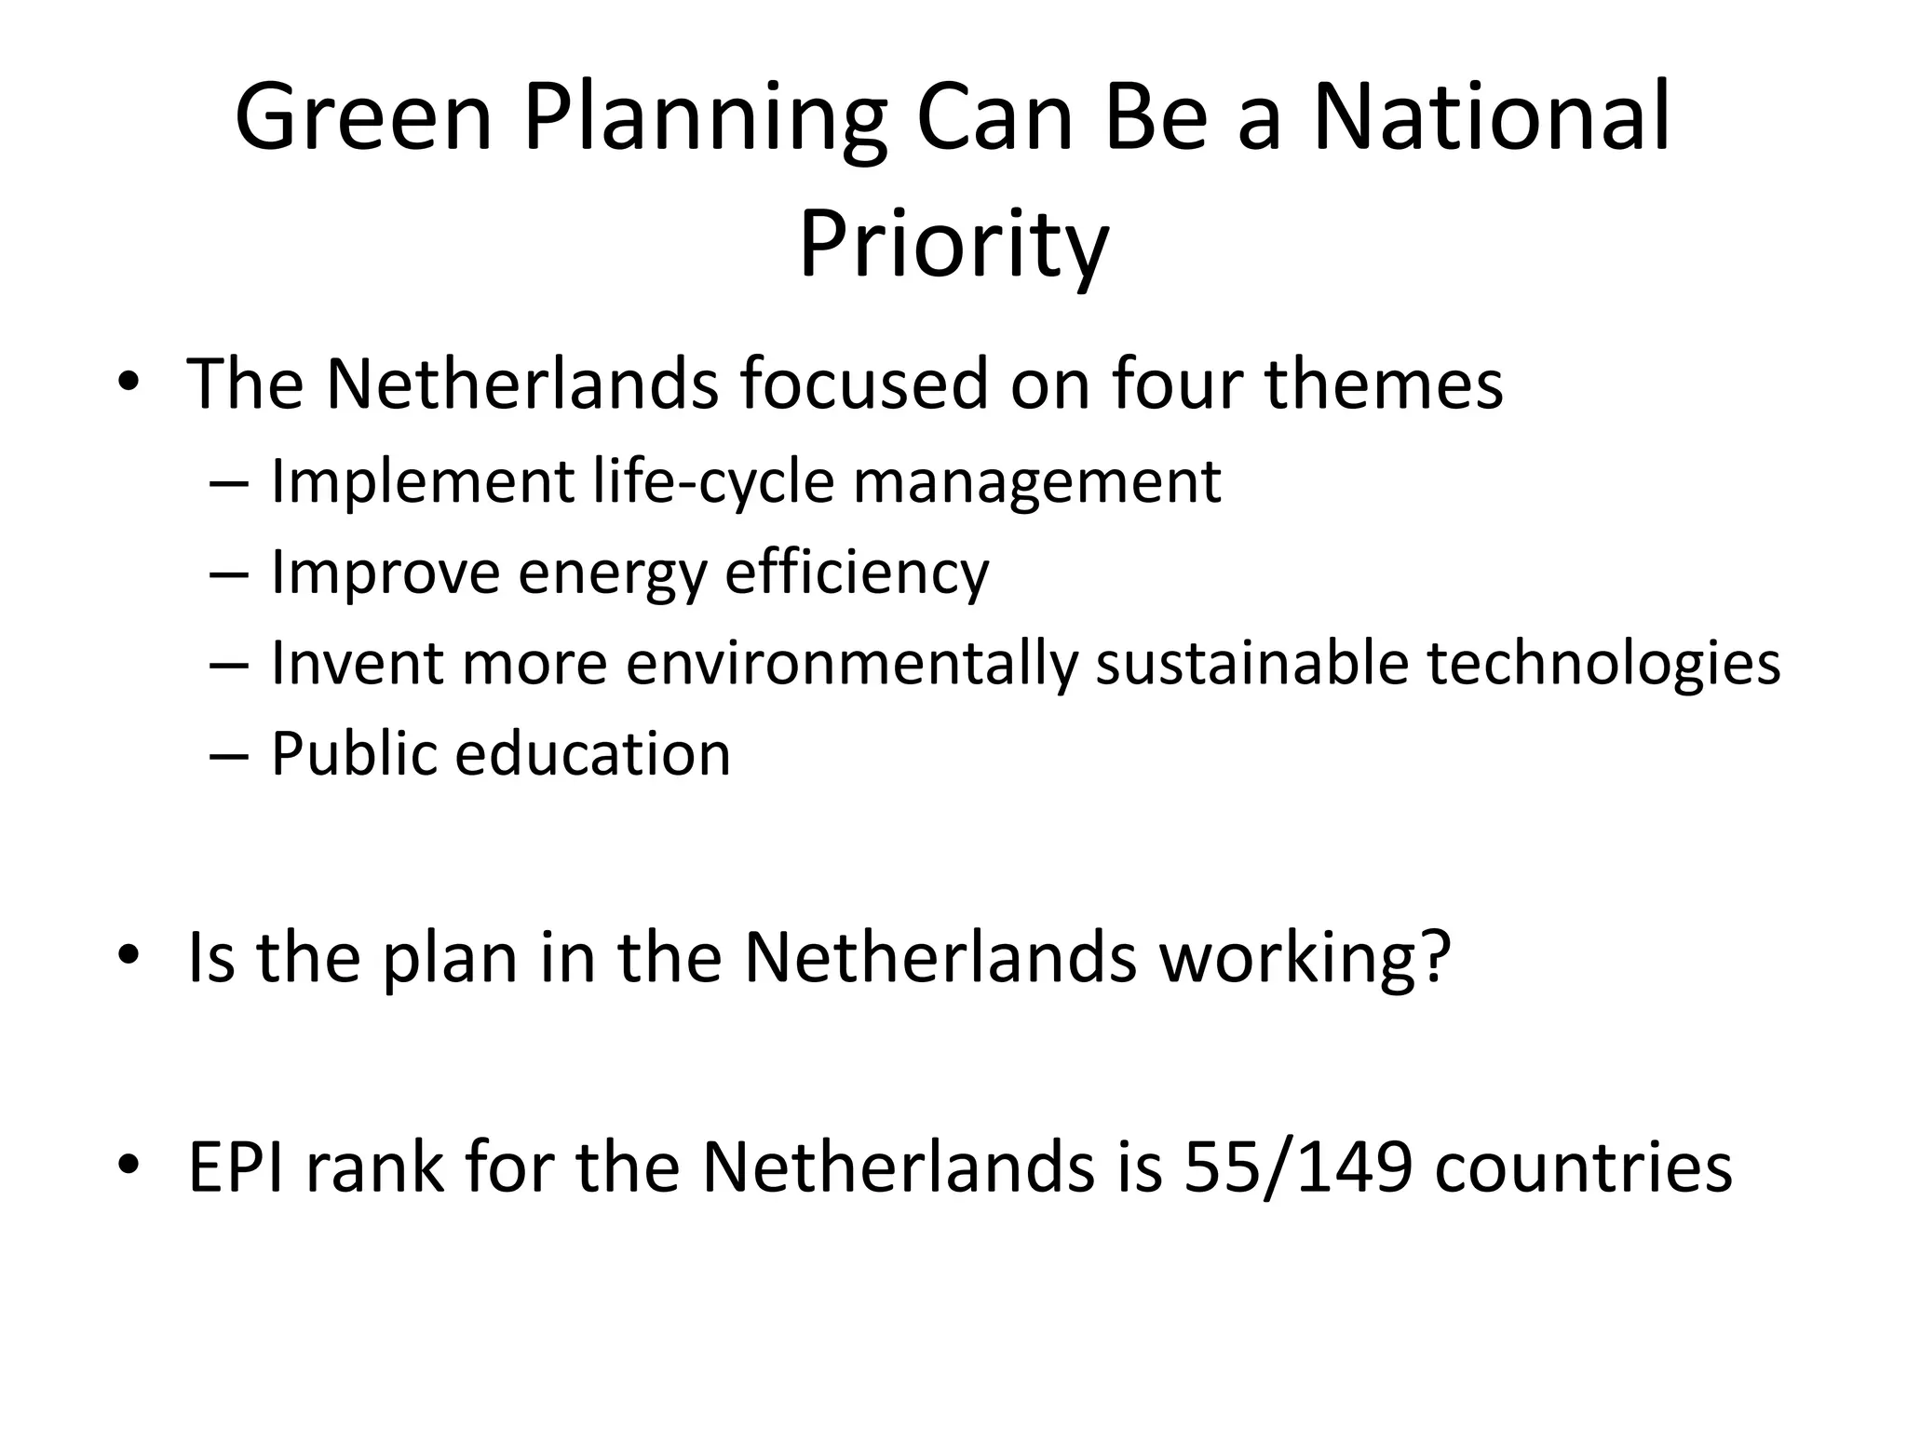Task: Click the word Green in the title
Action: click(363, 119)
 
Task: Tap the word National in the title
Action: click(1492, 119)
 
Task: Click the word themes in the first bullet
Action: click(1384, 384)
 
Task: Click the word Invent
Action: click(357, 664)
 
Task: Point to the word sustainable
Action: click(1251, 664)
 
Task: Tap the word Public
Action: click(354, 753)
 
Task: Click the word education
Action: click(593, 753)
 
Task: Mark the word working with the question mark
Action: click(1305, 959)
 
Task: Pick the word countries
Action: click(1583, 1167)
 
